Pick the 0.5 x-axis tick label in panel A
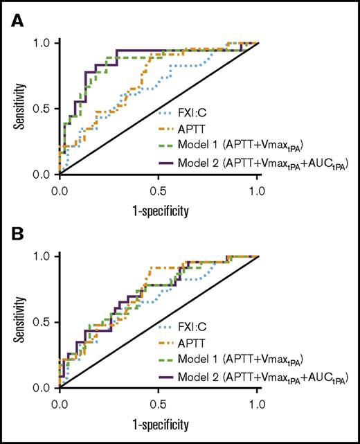click(x=159, y=188)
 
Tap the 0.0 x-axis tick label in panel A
click(x=60, y=188)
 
